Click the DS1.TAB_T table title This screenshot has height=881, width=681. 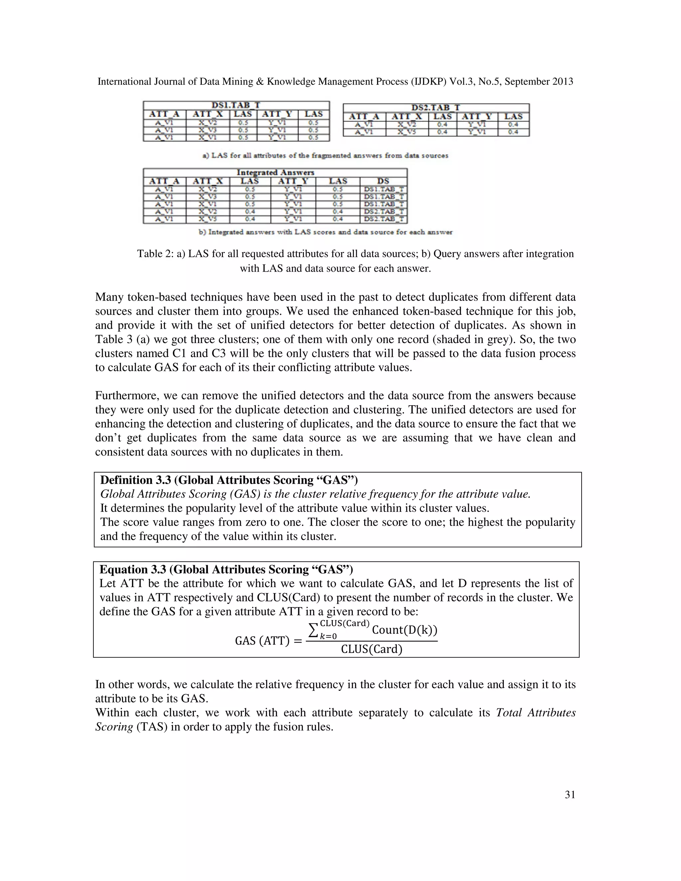236,105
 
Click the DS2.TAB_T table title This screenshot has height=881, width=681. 436,108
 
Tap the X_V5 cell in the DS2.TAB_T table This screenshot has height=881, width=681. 407,132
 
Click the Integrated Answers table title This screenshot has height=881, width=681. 275,173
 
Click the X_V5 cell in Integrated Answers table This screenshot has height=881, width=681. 207,219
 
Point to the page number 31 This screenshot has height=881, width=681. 570,795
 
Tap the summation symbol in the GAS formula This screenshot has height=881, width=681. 313,630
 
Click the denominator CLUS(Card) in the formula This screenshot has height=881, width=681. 371,649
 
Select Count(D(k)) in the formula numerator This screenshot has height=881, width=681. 404,630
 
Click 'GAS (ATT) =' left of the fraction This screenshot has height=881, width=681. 268,641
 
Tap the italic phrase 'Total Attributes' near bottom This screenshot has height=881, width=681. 535,713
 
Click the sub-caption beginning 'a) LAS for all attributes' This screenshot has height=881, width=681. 325,156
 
